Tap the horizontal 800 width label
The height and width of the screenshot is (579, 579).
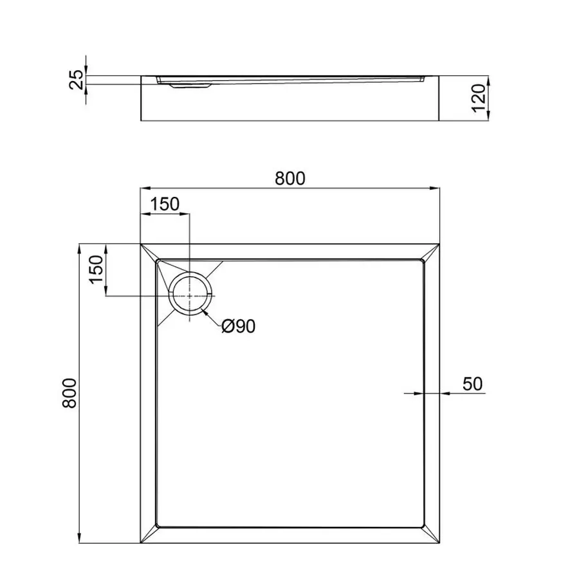(x=290, y=178)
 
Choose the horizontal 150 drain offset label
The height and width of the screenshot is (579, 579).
(x=165, y=205)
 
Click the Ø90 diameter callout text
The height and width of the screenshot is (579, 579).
(x=238, y=327)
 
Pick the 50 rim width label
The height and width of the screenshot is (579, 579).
(x=472, y=384)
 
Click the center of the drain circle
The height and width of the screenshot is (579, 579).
(x=190, y=295)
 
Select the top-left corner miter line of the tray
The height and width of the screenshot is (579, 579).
(x=149, y=252)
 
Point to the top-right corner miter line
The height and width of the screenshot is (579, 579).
(x=431, y=252)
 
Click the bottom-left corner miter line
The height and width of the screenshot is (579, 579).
(x=149, y=536)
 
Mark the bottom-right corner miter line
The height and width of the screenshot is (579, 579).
(x=431, y=536)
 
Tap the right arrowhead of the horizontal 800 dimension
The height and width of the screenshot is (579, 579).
(x=435, y=188)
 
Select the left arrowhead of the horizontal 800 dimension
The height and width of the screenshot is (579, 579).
(x=145, y=188)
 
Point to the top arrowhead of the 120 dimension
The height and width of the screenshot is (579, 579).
(x=490, y=80)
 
